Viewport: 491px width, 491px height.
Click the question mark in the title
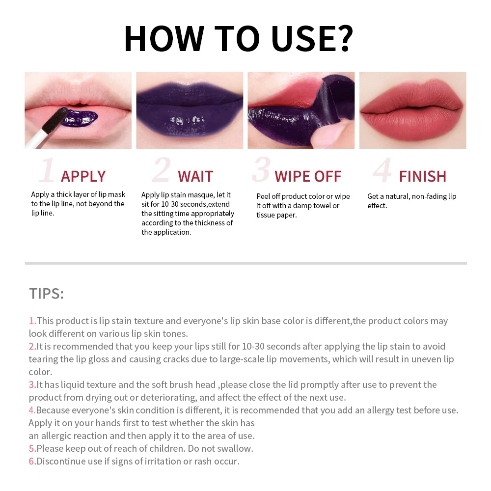tap(342, 38)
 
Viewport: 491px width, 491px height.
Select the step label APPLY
tap(83, 176)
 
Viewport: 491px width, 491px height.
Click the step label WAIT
tap(195, 176)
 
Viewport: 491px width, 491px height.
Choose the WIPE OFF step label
tap(308, 176)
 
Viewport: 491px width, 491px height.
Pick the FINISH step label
tap(422, 176)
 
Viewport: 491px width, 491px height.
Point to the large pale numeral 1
tap(47, 171)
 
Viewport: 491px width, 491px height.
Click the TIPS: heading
tap(46, 294)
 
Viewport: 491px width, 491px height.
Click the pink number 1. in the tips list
tap(32, 321)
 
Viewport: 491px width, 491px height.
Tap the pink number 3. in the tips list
tap(32, 384)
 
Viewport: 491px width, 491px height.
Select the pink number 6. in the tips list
tap(32, 461)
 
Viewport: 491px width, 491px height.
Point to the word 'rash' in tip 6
tap(194, 461)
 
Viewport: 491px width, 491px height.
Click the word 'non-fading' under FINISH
tap(427, 196)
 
